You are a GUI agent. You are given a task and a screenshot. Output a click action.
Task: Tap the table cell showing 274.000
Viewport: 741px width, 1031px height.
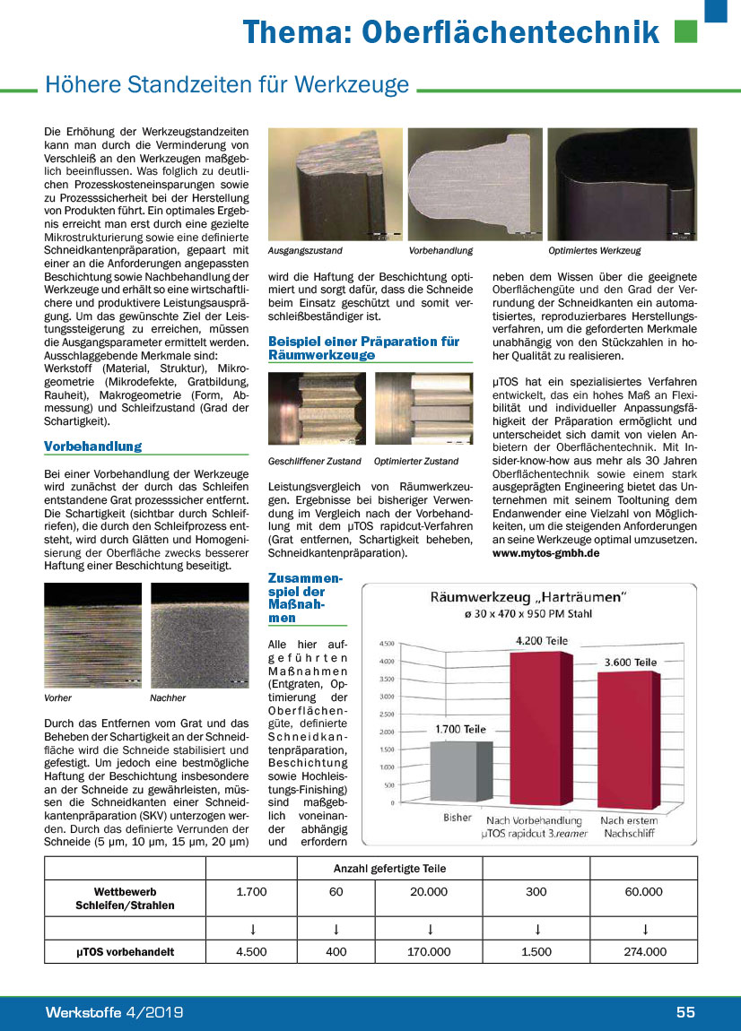point(644,952)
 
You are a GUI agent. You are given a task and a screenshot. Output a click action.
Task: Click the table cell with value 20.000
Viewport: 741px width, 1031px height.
point(429,892)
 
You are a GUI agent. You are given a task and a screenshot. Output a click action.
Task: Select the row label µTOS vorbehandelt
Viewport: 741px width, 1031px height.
point(125,952)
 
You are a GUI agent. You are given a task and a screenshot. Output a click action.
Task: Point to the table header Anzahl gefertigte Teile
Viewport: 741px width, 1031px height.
point(389,868)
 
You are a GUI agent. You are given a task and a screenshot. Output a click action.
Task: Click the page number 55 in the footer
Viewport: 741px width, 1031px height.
point(685,1012)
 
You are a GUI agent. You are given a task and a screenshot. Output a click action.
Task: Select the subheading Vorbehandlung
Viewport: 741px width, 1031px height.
point(92,446)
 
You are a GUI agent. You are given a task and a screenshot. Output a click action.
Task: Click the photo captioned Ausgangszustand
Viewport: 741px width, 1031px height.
point(335,184)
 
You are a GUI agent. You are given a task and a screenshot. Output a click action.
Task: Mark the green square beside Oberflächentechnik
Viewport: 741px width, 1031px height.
point(685,32)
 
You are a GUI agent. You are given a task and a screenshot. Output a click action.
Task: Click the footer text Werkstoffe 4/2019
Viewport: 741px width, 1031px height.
point(115,1012)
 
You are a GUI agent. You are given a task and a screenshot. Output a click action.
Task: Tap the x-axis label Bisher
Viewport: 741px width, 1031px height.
point(458,818)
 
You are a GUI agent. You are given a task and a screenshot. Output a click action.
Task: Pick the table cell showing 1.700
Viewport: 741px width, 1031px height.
point(251,892)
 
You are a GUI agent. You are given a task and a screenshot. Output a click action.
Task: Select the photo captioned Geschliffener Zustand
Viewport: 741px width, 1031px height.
point(317,408)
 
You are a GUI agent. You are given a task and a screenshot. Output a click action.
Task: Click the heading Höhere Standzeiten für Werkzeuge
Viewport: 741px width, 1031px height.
point(227,85)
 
